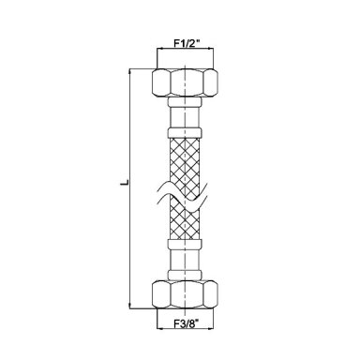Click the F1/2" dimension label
[x=187, y=43]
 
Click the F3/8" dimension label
[x=187, y=324]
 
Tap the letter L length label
[x=125, y=182]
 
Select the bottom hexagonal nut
[x=185, y=294]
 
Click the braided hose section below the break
[x=185, y=221]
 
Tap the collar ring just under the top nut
[x=185, y=101]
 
